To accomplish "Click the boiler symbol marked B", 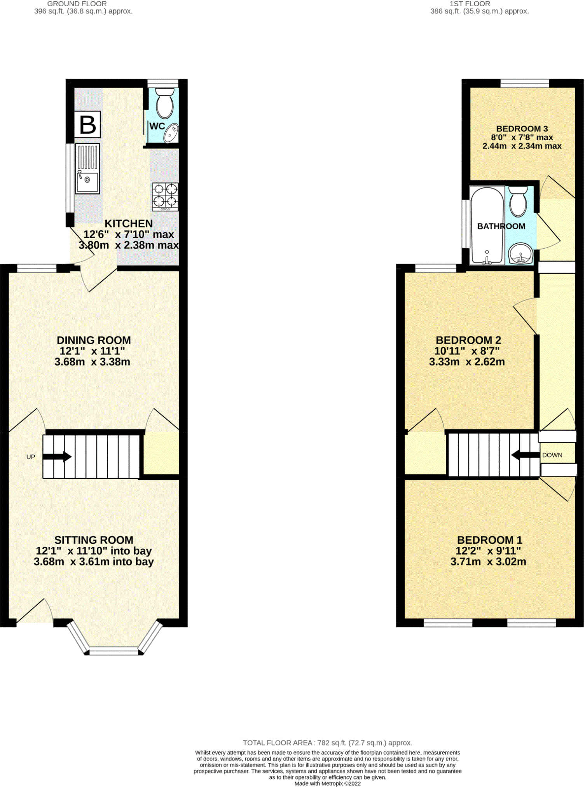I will click(88, 124).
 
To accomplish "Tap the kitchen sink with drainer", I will click(87, 169).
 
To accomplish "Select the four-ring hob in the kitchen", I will click(165, 197).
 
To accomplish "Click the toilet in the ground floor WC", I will click(165, 103).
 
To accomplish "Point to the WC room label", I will click(157, 126).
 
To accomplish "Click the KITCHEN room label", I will click(129, 223).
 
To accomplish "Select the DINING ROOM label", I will click(94, 340).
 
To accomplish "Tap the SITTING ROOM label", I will click(94, 540).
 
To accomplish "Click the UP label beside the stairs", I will click(31, 457).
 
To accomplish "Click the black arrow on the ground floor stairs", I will click(57, 457).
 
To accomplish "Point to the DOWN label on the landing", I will click(552, 455).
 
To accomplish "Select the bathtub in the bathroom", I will click(487, 225).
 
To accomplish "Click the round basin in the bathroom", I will click(520, 254).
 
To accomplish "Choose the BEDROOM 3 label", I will click(522, 129).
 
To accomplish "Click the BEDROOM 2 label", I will click(468, 340).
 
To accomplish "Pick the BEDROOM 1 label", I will click(489, 540).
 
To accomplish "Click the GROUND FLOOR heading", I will click(77, 4).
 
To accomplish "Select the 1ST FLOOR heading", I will click(470, 4).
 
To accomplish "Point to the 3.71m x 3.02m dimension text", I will click(488, 562).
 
